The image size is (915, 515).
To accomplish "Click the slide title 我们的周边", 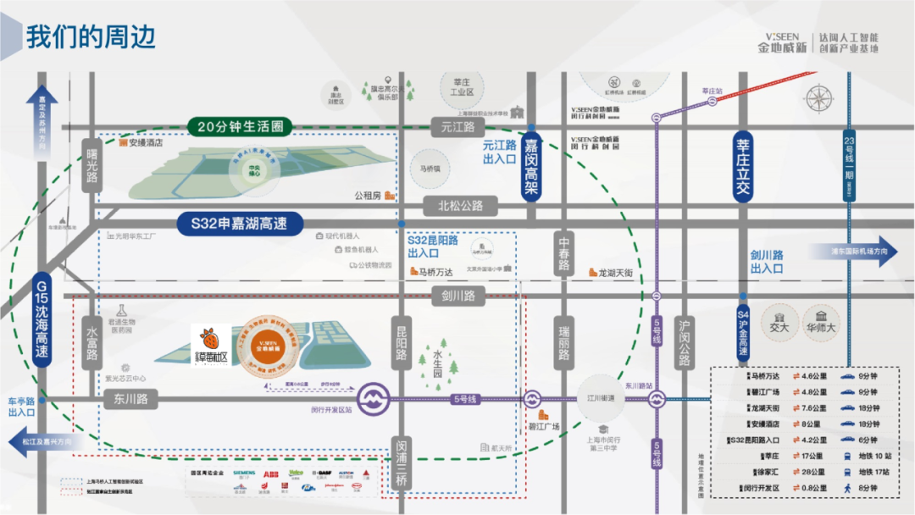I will tap(91, 38).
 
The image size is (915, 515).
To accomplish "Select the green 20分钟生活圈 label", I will tap(240, 127).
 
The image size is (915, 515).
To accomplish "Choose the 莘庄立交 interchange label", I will tap(743, 165).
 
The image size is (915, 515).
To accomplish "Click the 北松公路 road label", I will tap(460, 205).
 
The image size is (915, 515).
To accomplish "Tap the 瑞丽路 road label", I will tap(563, 341).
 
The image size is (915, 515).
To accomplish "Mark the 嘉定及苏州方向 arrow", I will tap(42, 123).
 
